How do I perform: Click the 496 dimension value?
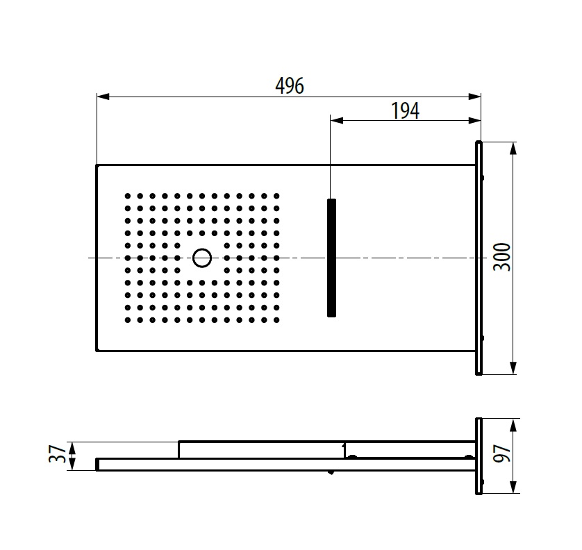tap(290, 85)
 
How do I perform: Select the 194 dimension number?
tap(406, 110)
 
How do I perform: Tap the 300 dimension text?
tap(502, 257)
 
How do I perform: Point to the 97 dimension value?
tap(502, 453)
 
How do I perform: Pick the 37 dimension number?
tap(58, 454)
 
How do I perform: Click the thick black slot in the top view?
tap(331, 258)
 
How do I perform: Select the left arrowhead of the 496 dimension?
tap(103, 97)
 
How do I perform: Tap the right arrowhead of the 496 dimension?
tap(474, 97)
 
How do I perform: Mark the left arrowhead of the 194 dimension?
tap(337, 120)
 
